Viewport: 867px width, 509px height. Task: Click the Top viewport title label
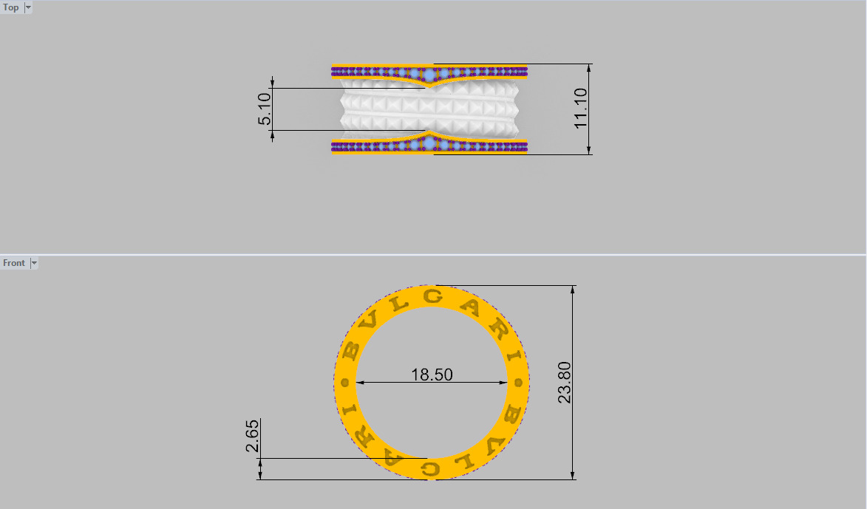(x=11, y=7)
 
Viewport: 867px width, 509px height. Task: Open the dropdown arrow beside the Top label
(x=28, y=7)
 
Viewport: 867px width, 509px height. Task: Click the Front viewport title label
(x=13, y=263)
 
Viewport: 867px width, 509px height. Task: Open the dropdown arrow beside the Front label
(x=33, y=263)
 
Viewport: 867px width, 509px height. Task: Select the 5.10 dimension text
(x=265, y=109)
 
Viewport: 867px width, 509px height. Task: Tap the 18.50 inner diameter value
(x=432, y=375)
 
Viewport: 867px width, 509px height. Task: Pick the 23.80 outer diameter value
(x=565, y=382)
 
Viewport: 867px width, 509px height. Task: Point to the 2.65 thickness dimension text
(x=252, y=437)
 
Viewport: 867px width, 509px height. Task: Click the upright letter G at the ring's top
(x=434, y=297)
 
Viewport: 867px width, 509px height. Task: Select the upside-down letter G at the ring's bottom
(x=430, y=468)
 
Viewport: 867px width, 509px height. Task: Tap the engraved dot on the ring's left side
(x=344, y=383)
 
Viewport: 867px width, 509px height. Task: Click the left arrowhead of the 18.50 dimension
(x=361, y=383)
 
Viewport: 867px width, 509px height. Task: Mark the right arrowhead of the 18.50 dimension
(x=505, y=383)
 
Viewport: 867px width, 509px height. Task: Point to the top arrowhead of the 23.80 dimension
(x=574, y=290)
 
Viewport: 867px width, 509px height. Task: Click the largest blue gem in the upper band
(x=430, y=74)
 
